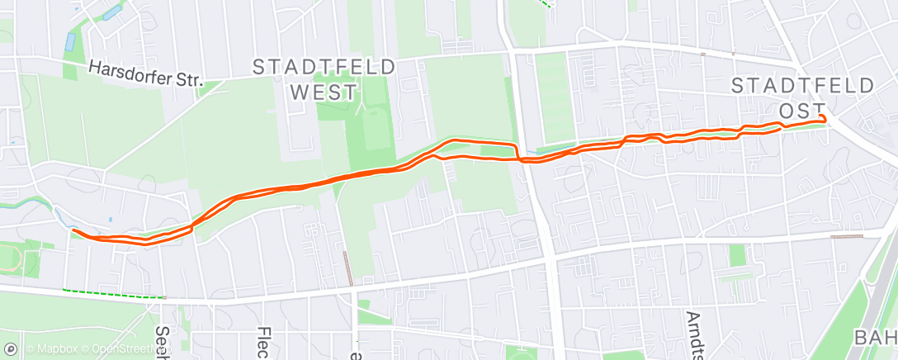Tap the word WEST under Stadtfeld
324,91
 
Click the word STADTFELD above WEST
324,67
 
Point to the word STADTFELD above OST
803,85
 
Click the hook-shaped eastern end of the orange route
822,120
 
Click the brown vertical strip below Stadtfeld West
346,268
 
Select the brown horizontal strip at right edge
846,237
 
